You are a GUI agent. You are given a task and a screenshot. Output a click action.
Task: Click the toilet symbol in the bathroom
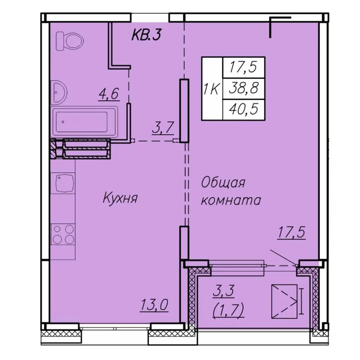pyautogui.click(x=70, y=41)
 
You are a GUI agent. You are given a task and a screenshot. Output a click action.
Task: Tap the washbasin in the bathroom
pyautogui.click(x=59, y=92)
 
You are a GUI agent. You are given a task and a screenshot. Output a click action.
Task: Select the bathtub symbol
pyautogui.click(x=84, y=122)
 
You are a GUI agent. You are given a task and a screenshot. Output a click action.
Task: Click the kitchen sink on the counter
pyautogui.click(x=65, y=183)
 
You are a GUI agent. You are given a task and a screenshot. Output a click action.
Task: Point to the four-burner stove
pyautogui.click(x=63, y=234)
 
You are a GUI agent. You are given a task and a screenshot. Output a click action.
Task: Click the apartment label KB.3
pyautogui.click(x=146, y=36)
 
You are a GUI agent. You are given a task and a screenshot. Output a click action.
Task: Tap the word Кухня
pyautogui.click(x=120, y=198)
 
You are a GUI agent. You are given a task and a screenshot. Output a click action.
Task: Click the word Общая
pyautogui.click(x=223, y=183)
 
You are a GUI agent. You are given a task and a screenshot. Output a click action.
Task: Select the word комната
pyautogui.click(x=231, y=200)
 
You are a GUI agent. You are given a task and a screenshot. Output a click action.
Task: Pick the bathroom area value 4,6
pyautogui.click(x=109, y=94)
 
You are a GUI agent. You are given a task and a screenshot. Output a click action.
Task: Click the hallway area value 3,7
pyautogui.click(x=163, y=128)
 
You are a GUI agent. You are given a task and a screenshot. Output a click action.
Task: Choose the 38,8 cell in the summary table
pyautogui.click(x=244, y=89)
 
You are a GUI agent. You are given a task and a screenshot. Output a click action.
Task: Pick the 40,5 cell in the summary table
pyautogui.click(x=244, y=109)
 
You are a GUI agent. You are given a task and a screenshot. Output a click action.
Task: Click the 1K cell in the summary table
pyautogui.click(x=212, y=89)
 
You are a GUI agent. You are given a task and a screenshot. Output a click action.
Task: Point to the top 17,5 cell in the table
pyautogui.click(x=244, y=68)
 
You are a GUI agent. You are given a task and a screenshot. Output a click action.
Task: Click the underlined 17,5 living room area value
pyautogui.click(x=291, y=232)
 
